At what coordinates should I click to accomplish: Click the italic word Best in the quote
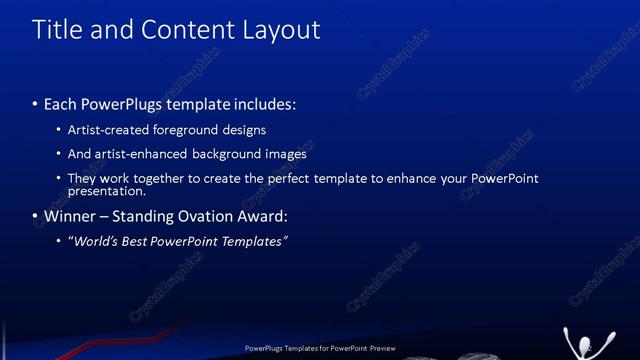[x=140, y=241]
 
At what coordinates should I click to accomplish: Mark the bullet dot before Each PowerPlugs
[x=36, y=105]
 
